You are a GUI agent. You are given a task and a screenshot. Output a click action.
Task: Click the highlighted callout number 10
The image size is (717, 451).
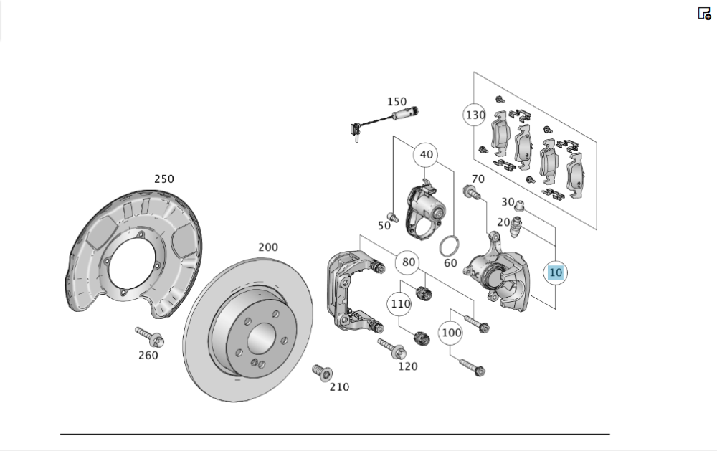(x=555, y=272)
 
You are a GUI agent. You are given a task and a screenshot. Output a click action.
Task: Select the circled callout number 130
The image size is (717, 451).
(x=475, y=115)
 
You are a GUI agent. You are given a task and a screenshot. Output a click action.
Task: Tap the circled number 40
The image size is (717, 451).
(x=426, y=155)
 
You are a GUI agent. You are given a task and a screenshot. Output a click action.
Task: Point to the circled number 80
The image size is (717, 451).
(x=409, y=262)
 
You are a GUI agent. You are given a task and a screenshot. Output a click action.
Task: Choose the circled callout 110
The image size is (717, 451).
(x=400, y=304)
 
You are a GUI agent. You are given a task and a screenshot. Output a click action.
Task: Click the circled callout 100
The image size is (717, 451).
(x=451, y=333)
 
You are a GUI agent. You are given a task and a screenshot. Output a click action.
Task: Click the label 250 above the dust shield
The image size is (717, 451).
(x=163, y=179)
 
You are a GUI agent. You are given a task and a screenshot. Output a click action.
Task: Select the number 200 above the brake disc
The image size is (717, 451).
(x=268, y=247)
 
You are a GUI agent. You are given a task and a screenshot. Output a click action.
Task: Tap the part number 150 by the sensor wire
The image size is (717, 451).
(x=397, y=101)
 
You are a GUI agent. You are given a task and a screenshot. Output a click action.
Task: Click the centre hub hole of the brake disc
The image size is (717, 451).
(x=262, y=338)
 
